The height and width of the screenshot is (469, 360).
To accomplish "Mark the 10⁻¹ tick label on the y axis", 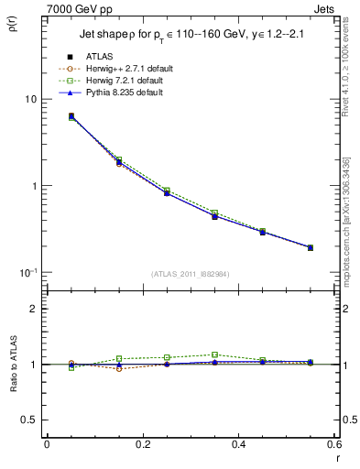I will pos(27,272).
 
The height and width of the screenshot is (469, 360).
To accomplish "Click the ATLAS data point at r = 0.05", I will pos(71,116).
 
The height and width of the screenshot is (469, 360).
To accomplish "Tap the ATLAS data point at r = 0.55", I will pos(311,247).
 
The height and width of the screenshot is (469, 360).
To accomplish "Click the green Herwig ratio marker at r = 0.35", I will pos(214,354).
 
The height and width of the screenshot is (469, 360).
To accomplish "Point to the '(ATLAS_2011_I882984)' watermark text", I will pos(190,274).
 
